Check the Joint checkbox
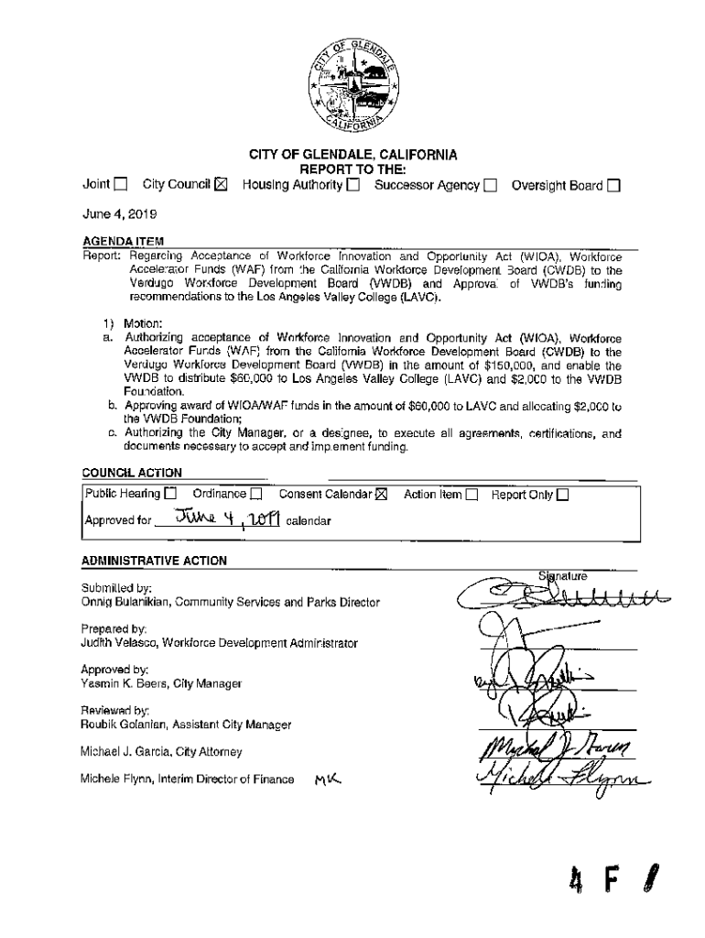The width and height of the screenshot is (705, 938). pos(121,187)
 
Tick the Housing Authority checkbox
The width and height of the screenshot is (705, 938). pos(352,187)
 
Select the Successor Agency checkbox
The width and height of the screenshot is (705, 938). pos(491,187)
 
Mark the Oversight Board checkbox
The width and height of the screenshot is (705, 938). pos(613,187)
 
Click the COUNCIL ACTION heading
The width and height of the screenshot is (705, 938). pos(132,473)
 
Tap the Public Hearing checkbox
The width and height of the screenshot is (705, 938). pos(170,495)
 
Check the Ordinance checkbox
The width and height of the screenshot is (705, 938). pos(257,495)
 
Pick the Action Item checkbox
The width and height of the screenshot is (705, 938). pos(472,495)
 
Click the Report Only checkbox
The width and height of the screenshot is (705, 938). pos(562,495)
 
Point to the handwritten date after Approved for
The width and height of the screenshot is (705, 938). pos(221,519)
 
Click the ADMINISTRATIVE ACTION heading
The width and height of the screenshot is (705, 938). pos(154,560)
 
